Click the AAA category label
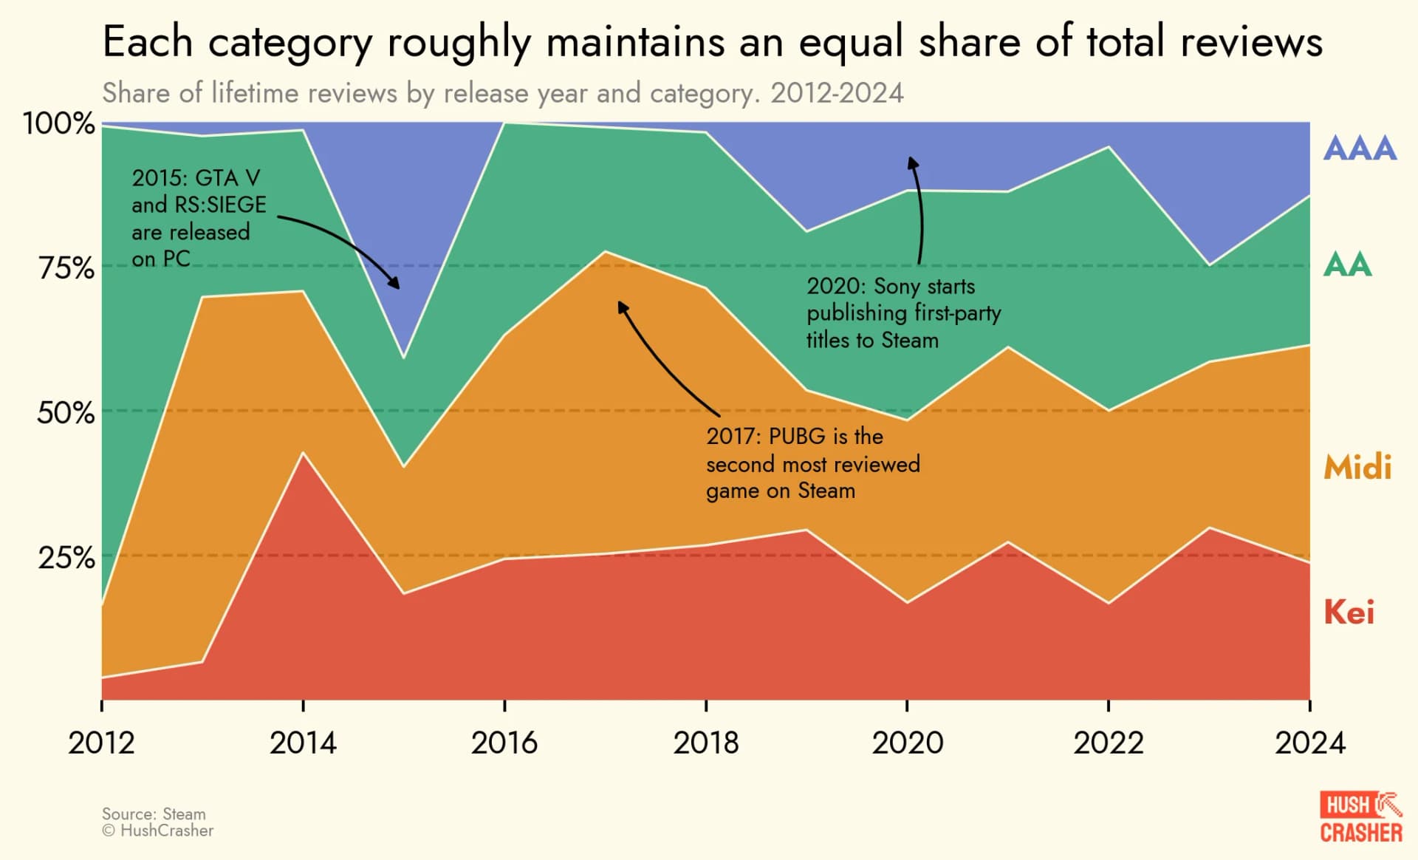[x=1359, y=149]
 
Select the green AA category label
[x=1347, y=265]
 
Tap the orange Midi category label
[x=1357, y=468]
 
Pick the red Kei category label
[x=1349, y=612]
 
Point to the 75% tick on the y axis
[x=66, y=267]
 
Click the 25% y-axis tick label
[x=66, y=558]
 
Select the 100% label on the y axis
[x=59, y=123]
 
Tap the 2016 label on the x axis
[x=504, y=743]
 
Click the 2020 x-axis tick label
[x=907, y=743]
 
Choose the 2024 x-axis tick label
[x=1309, y=743]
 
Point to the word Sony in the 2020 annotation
[x=897, y=287]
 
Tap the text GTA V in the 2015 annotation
[x=228, y=178]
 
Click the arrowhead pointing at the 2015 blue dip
[x=396, y=284]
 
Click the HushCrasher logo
[x=1360, y=817]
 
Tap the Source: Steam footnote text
[x=154, y=814]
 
